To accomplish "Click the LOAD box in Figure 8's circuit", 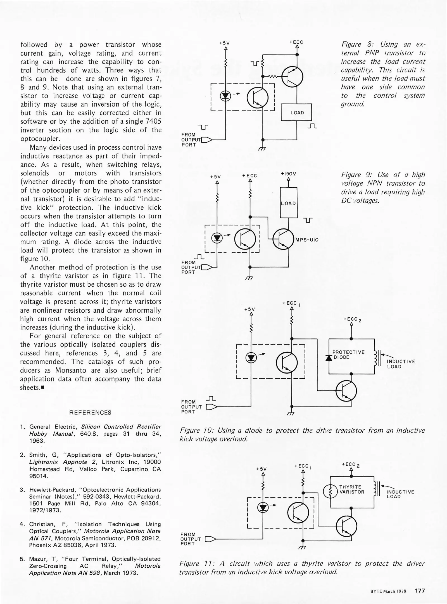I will pyautogui.click(x=296, y=112).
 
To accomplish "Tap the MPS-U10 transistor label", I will pyautogui.click(x=307, y=240).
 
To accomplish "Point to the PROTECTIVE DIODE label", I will pyautogui.click(x=348, y=355).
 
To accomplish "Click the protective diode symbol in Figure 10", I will pyautogui.click(x=329, y=358).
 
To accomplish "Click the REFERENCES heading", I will pyautogui.click(x=90, y=412).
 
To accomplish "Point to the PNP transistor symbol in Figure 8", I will pyautogui.click(x=292, y=76).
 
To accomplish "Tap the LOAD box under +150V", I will pyautogui.click(x=288, y=203).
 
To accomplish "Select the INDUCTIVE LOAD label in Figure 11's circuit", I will pyautogui.click(x=400, y=494).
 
